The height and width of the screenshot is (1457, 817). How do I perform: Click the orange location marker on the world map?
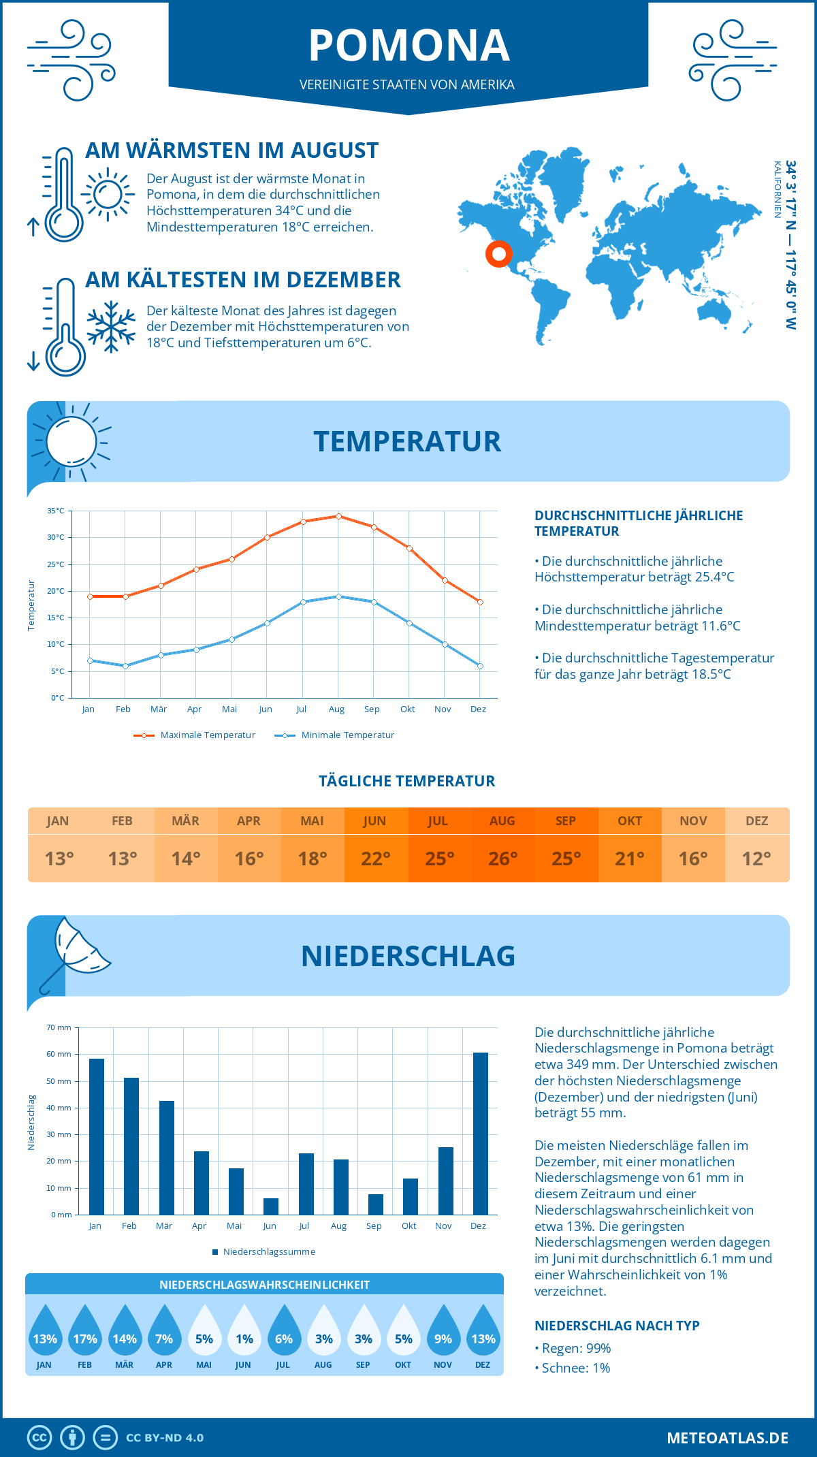coord(498,254)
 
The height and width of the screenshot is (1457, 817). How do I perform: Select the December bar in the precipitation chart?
coord(480,1133)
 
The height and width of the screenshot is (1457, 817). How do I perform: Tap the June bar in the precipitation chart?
coord(270,1206)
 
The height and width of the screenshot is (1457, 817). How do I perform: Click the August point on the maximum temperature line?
coord(338,516)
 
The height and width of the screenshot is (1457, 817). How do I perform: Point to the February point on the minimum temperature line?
coord(125,666)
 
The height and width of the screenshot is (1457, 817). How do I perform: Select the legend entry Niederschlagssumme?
coord(263,1251)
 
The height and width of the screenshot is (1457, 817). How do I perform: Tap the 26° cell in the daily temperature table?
coord(502,859)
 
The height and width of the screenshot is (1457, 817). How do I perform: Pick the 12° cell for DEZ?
coord(756,859)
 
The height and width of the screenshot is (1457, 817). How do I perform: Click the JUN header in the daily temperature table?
coord(374,821)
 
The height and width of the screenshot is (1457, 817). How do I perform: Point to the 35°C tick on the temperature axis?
coord(56,511)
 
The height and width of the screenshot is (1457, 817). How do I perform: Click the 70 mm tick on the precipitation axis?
coord(59,1027)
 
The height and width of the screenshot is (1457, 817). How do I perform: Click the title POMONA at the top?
coord(408,46)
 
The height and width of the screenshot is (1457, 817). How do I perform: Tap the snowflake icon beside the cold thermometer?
coord(111,327)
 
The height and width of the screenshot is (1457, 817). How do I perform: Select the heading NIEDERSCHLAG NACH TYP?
coord(616,1326)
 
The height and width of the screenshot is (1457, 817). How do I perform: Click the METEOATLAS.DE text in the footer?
coord(727,1438)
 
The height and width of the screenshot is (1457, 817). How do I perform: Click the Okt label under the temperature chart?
coord(407,709)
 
